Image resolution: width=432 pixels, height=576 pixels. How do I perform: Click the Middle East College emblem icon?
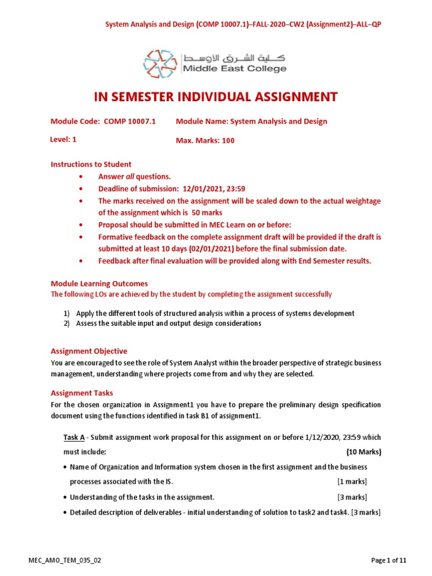click(x=161, y=63)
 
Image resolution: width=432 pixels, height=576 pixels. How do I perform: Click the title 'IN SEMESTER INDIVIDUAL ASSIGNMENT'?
click(x=215, y=97)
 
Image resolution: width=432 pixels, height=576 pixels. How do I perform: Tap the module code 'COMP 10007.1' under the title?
click(x=130, y=121)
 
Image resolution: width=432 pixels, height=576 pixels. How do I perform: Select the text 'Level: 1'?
click(x=64, y=139)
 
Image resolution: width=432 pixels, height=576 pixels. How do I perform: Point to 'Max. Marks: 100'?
click(x=205, y=141)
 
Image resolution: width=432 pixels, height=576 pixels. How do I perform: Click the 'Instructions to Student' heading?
click(x=91, y=164)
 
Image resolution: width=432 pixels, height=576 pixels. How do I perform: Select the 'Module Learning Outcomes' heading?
click(x=99, y=283)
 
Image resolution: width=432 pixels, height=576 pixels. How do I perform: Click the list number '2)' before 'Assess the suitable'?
click(x=66, y=323)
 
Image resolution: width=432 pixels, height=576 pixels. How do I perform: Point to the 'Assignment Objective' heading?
click(x=89, y=351)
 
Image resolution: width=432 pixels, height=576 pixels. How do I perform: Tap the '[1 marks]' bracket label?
click(x=352, y=481)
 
